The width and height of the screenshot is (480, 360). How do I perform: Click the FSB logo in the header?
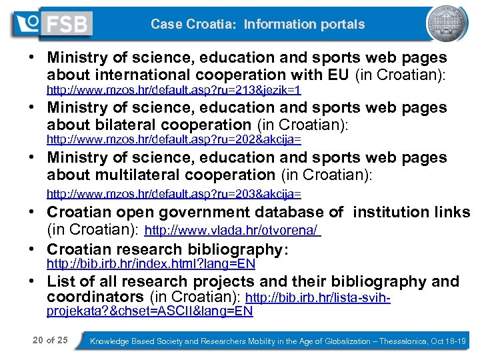[52, 24]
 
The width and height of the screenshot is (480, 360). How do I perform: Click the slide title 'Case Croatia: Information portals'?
[257, 25]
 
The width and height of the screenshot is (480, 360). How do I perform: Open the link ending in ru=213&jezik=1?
[173, 89]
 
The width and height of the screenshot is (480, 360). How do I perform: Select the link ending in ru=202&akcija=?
[173, 140]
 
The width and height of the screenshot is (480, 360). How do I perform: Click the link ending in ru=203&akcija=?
[173, 194]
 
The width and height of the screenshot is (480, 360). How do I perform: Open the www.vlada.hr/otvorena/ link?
[233, 231]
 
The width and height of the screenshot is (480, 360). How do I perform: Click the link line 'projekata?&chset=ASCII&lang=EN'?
[149, 311]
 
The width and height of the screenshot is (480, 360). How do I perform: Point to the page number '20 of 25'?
[50, 341]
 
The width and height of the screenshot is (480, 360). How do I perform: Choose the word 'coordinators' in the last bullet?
[95, 297]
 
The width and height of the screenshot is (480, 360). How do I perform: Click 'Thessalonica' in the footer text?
[405, 341]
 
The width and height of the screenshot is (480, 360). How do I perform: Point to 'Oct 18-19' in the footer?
[451, 341]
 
